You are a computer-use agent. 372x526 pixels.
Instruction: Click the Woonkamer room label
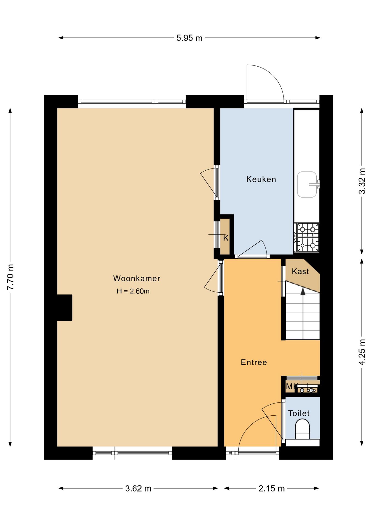(x=136, y=278)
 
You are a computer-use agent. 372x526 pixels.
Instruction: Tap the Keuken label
(x=261, y=179)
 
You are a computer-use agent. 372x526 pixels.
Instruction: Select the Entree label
(x=254, y=362)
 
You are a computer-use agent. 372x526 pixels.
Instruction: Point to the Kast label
(x=300, y=271)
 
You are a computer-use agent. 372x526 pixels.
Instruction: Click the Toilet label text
(x=299, y=413)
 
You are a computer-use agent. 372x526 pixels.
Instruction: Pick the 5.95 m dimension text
(x=189, y=38)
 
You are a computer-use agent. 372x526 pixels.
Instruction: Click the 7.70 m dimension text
(x=10, y=277)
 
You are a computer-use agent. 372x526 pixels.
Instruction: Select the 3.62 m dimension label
(x=138, y=488)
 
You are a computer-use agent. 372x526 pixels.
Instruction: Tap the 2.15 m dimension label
(x=271, y=488)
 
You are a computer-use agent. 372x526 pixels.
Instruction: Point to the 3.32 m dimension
(x=362, y=181)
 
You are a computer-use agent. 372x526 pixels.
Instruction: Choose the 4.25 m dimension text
(x=362, y=352)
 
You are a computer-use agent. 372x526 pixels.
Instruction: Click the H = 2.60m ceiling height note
(x=133, y=291)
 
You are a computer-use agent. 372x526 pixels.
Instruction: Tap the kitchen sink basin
(x=307, y=184)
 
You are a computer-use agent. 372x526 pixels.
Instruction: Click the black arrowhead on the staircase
(x=303, y=291)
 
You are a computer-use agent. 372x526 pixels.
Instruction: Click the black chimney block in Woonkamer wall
(x=65, y=308)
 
